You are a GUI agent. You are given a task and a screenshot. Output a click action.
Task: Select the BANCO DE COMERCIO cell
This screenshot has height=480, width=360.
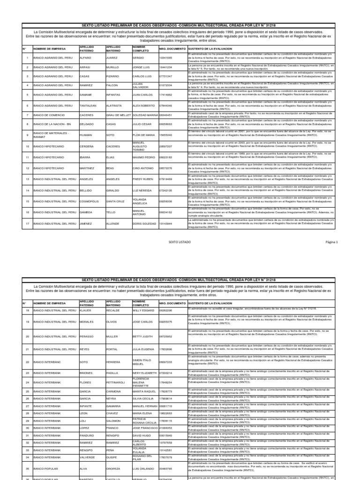[x=46, y=115]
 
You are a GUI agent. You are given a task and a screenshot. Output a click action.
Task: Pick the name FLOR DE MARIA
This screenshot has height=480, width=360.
[x=144, y=135]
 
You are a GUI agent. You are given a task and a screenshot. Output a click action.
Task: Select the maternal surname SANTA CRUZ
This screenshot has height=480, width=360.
[x=115, y=202]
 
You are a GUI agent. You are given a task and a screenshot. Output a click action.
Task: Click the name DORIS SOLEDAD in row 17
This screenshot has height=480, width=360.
[x=144, y=224]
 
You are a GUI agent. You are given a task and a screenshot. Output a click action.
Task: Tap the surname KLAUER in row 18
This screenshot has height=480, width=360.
[x=85, y=310]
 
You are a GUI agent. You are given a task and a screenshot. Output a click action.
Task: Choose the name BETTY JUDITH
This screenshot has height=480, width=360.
[x=143, y=336]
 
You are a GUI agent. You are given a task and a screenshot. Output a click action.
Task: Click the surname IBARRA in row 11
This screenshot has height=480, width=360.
[x=85, y=157]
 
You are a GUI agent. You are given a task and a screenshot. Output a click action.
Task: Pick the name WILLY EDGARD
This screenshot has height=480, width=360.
[x=143, y=310]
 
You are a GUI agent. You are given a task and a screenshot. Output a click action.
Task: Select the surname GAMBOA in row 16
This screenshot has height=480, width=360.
[x=86, y=212]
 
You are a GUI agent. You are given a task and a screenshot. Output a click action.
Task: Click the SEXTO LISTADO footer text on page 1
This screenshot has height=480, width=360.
[x=180, y=242]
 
